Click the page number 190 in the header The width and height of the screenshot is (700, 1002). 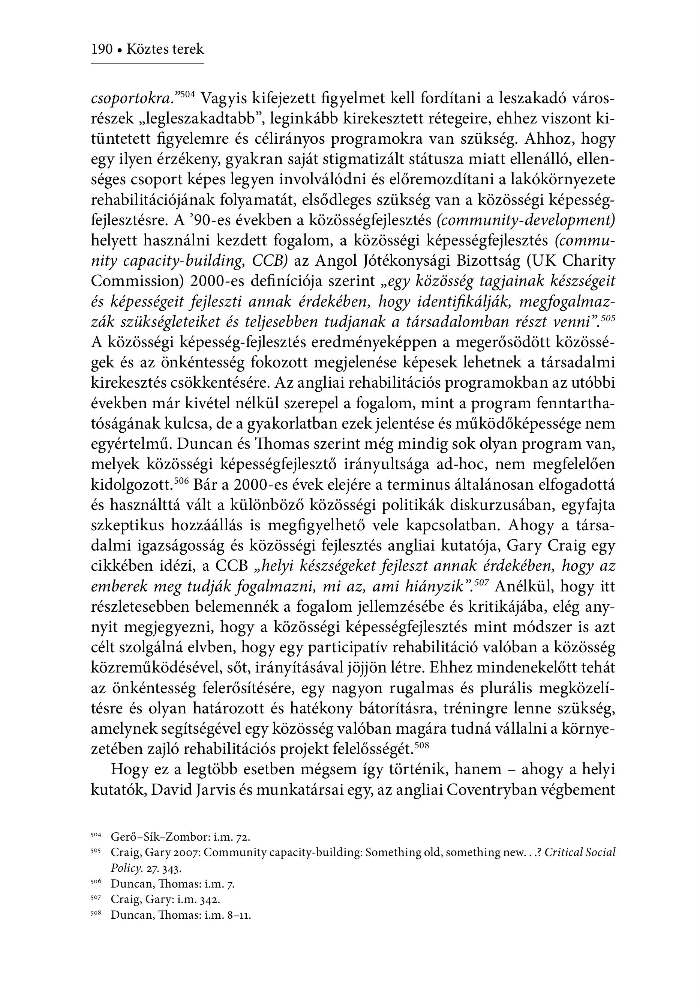(102, 49)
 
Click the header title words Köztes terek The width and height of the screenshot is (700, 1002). (165, 49)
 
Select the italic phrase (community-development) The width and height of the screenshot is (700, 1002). (526, 220)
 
